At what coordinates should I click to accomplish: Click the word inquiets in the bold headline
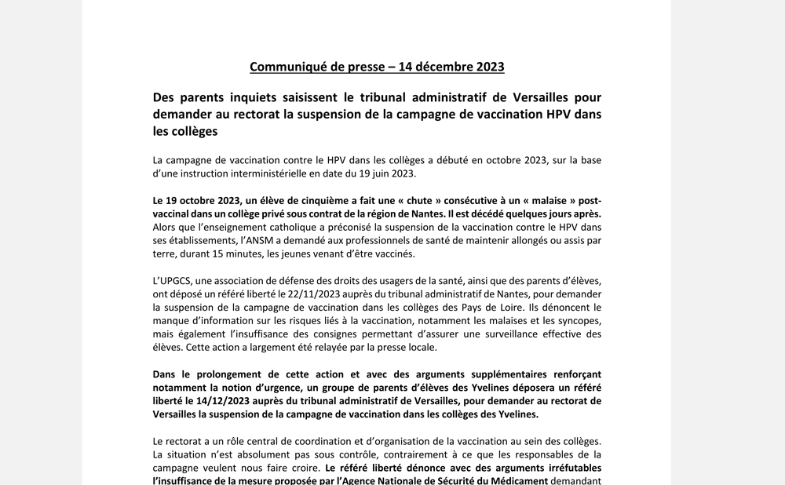click(255, 97)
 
